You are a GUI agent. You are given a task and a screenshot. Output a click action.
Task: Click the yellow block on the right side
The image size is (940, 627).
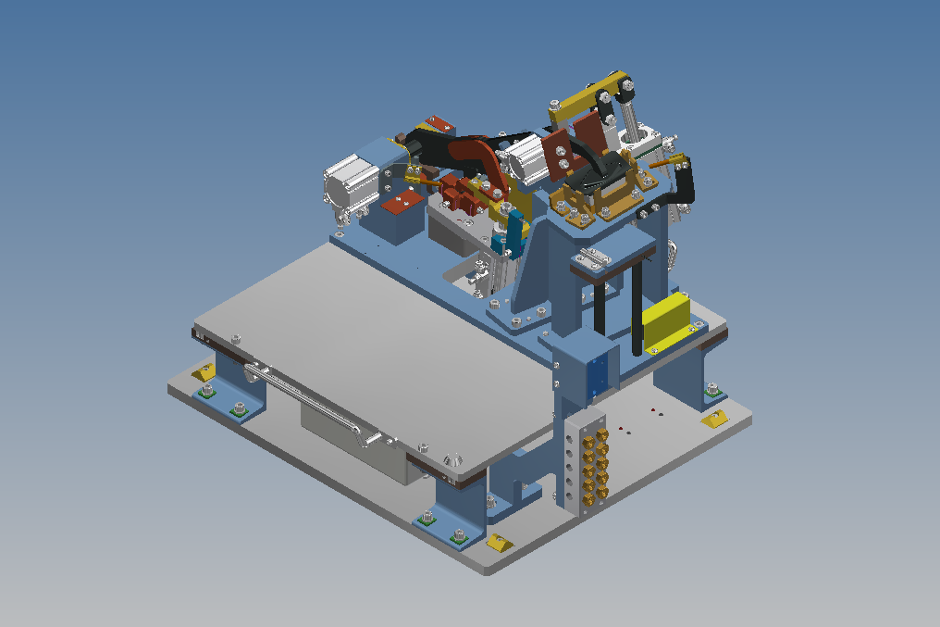[666, 317]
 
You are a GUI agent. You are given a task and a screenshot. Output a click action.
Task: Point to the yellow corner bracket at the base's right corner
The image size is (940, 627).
[714, 420]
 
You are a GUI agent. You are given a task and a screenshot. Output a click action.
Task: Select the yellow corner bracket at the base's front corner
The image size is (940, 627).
[499, 543]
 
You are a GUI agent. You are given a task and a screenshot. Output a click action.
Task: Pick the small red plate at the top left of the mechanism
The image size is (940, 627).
[438, 122]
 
